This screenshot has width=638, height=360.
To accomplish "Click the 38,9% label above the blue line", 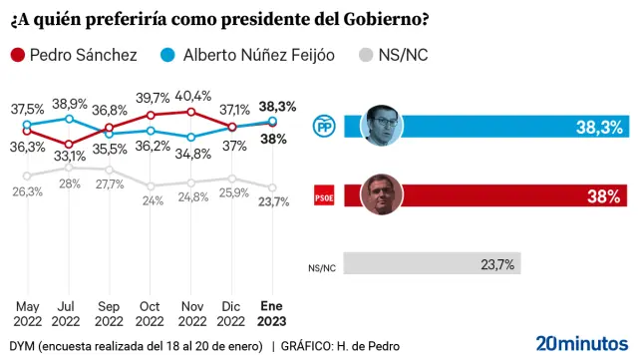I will (69, 104).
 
